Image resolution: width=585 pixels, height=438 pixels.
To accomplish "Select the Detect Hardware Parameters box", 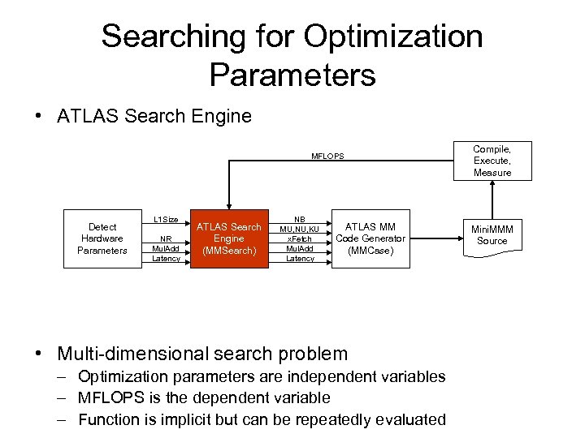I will point(102,238).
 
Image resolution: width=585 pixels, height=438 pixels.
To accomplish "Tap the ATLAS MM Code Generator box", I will point(370,238).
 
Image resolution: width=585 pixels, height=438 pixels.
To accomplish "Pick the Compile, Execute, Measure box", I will point(492,161).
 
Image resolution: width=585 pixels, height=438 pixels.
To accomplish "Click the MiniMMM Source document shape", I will point(492,235).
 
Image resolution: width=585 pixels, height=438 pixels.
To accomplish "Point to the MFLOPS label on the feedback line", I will point(327,156).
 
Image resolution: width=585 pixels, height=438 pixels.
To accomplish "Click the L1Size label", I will point(166,220).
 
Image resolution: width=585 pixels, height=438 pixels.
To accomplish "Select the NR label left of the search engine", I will point(166,239).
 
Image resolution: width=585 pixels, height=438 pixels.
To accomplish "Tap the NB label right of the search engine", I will point(300,219).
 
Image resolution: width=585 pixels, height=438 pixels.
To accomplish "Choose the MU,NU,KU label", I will point(300,229).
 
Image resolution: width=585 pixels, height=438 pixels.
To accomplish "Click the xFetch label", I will point(300,238).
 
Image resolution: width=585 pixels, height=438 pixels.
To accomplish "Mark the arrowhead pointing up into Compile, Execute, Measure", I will point(492,184).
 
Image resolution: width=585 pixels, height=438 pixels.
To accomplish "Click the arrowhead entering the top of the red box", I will point(229,207).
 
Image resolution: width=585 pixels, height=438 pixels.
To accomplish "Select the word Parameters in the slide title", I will point(292,75).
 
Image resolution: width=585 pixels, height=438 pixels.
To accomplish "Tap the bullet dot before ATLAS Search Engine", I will point(39,117).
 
